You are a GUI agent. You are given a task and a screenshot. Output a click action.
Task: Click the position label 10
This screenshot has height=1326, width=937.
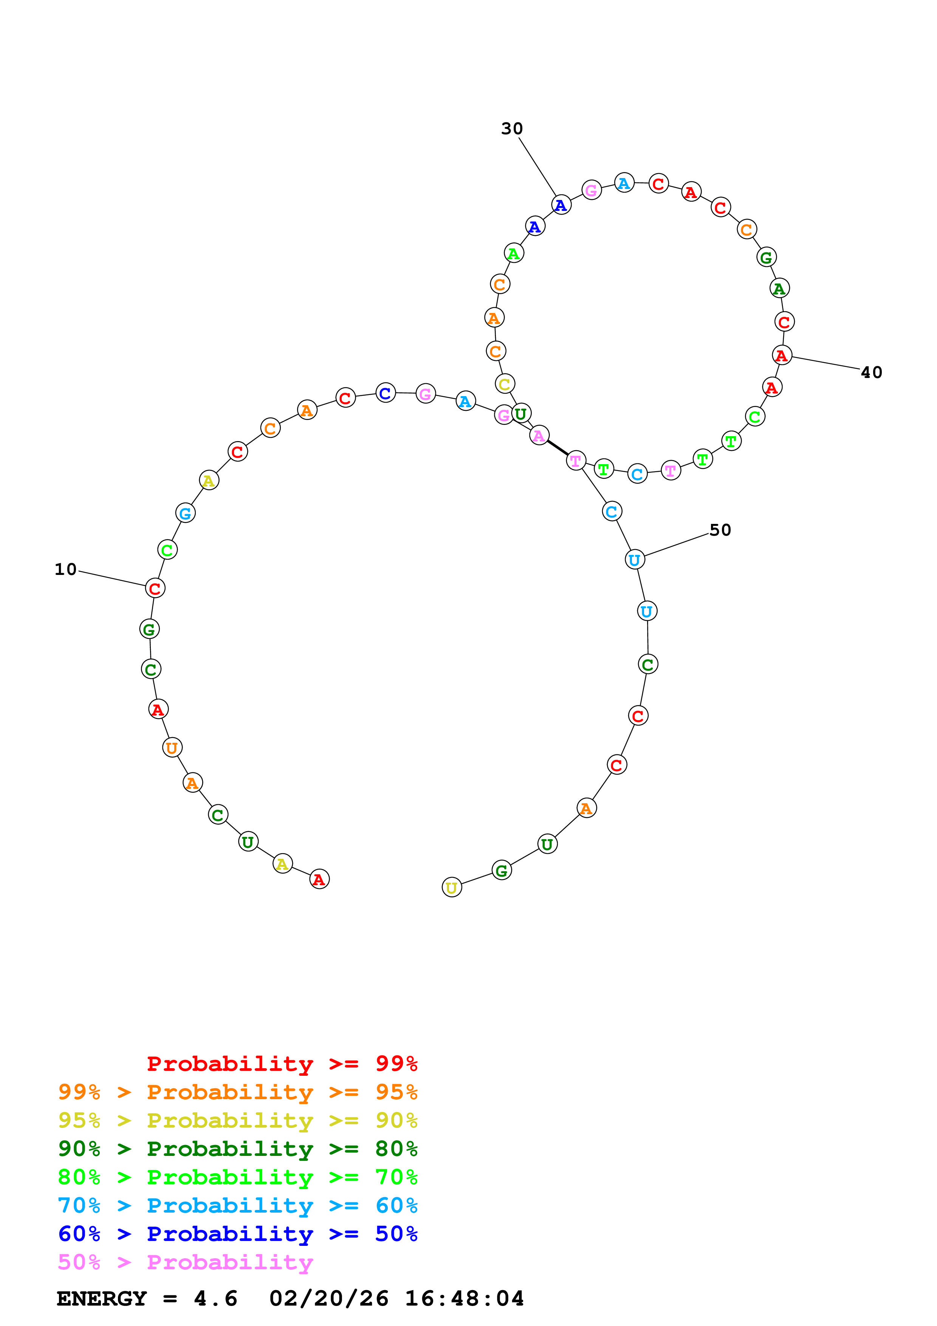(65, 569)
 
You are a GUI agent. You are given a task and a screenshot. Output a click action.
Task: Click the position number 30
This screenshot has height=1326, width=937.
(511, 129)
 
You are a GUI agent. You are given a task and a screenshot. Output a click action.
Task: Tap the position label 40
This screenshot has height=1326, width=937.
(871, 372)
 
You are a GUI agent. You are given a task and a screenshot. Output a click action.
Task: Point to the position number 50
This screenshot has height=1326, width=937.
(720, 530)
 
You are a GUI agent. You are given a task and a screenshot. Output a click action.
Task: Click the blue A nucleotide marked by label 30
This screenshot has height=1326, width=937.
(561, 205)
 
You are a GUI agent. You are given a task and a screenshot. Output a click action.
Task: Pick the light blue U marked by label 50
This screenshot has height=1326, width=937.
(635, 560)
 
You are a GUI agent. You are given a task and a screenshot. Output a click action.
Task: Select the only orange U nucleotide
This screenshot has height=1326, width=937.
(172, 748)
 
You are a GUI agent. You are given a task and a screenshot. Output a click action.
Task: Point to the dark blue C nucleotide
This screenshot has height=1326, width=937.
(385, 393)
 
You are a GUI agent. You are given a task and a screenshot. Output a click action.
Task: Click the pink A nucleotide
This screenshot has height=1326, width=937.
(539, 435)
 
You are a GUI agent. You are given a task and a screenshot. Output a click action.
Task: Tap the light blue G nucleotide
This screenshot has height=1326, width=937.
(185, 513)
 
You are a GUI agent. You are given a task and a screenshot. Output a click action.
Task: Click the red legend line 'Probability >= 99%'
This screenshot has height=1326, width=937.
(282, 1064)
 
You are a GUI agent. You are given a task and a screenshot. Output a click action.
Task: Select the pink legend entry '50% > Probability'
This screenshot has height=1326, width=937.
(185, 1262)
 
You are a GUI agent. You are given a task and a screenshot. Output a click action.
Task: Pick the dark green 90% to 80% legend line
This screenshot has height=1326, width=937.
(237, 1149)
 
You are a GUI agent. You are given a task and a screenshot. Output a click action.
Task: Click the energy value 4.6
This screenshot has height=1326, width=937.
(215, 1299)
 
